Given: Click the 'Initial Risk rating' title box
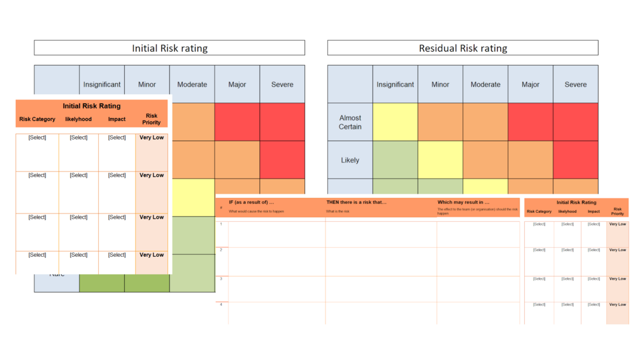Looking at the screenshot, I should (169, 48).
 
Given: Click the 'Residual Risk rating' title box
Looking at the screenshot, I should (462, 48).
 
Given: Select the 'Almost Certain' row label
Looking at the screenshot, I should (350, 122).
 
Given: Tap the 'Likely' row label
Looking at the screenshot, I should (350, 160).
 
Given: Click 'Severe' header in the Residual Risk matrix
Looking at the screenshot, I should (575, 84).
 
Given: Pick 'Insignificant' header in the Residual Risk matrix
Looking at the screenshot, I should (395, 84).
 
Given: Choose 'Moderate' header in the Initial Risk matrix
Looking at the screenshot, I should (192, 84).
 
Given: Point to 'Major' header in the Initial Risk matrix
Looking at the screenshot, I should (237, 84).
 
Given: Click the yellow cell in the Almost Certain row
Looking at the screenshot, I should (395, 122).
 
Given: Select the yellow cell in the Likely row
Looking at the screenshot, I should (440, 160).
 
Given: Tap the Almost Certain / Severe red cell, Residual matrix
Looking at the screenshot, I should (575, 122).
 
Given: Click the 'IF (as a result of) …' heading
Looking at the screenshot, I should (252, 202).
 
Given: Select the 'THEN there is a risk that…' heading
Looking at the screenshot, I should (357, 202).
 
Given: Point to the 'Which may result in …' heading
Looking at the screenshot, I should (464, 202).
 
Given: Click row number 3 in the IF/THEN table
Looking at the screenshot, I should (221, 279).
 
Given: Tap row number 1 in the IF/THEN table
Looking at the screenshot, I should (221, 224).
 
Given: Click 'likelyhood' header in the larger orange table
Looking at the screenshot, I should (78, 119).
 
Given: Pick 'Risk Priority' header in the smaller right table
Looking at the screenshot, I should (617, 211).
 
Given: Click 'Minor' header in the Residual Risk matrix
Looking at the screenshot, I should (440, 84).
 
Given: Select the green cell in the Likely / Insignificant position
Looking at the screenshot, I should (395, 160).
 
